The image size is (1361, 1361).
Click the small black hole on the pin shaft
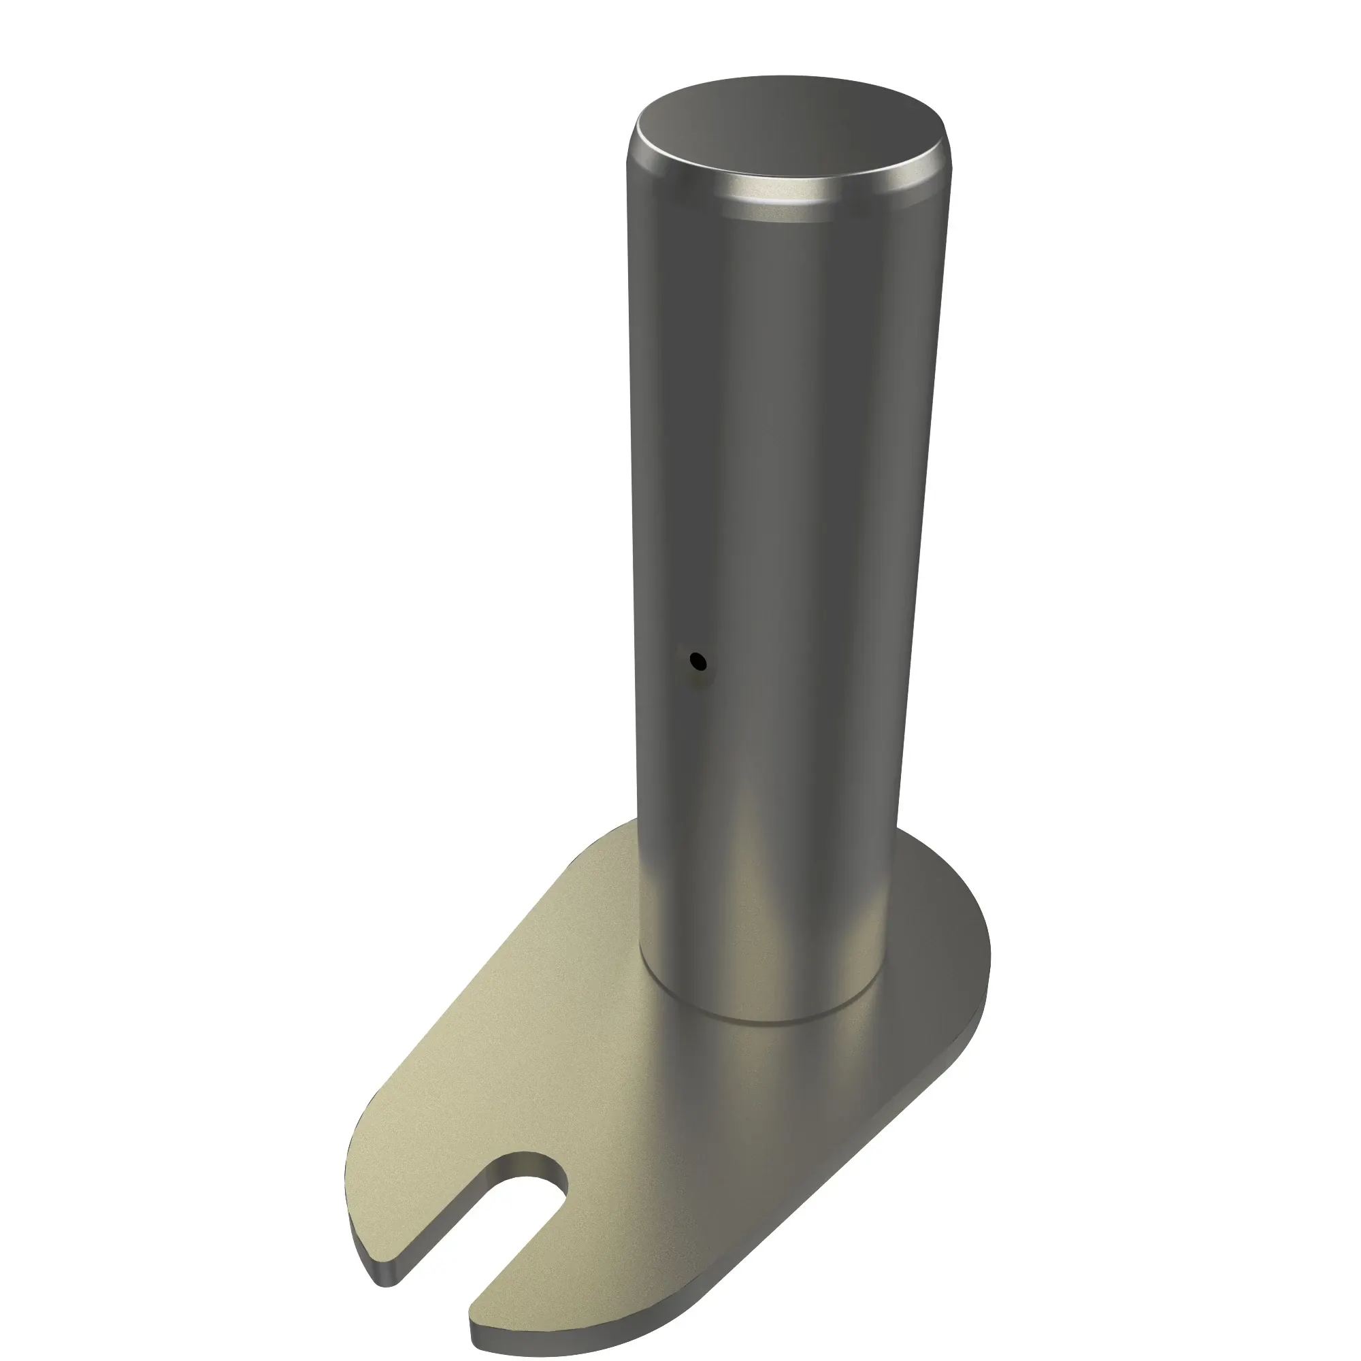698,661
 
